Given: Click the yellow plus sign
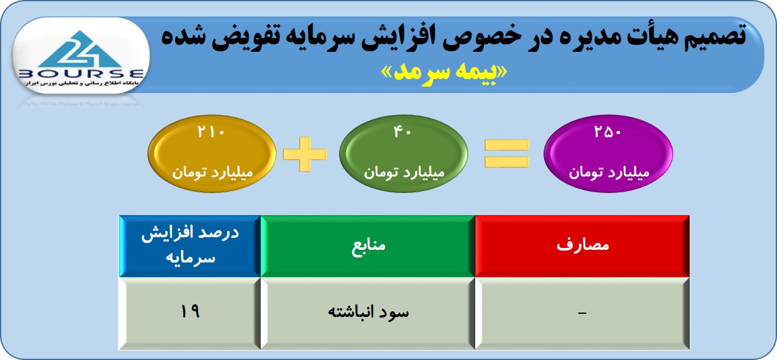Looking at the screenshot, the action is click(305, 154).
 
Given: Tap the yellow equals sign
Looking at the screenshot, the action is click(507, 153).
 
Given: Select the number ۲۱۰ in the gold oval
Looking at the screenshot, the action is click(211, 132).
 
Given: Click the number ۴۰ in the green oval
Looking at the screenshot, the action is click(402, 132).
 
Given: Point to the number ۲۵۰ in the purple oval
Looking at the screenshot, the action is click(607, 132).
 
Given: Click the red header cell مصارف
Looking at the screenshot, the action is click(582, 246).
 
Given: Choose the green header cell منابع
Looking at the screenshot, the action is click(368, 246).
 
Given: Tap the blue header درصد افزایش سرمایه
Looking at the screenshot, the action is click(190, 246).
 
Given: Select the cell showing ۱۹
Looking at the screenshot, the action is click(190, 313).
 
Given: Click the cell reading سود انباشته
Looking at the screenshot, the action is click(368, 313).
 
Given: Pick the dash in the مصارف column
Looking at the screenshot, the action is click(582, 313).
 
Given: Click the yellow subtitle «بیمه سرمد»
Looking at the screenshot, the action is click(444, 72).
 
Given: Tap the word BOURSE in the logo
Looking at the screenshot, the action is click(81, 73).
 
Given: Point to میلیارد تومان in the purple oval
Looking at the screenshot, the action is click(609, 172).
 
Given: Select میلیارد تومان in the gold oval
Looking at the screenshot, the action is click(213, 172).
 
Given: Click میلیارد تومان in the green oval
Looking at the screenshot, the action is click(404, 172).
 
